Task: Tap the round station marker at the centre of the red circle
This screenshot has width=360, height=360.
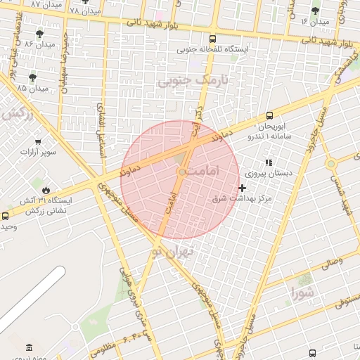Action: pos(181,172)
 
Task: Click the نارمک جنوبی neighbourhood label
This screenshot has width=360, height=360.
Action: pos(184,82)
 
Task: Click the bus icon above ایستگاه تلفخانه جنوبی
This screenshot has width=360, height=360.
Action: pos(213,39)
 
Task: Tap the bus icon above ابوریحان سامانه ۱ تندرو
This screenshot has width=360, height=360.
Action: pos(269,116)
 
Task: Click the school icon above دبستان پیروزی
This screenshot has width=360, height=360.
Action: pos(268,162)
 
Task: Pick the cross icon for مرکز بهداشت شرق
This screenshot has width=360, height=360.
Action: pos(243,188)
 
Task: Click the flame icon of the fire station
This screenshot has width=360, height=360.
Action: pos(46,189)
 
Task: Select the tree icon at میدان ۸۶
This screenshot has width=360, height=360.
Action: pos(39,33)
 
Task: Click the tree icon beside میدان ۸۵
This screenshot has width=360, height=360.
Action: pos(32,77)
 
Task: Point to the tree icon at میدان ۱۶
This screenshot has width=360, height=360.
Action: pos(315,11)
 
